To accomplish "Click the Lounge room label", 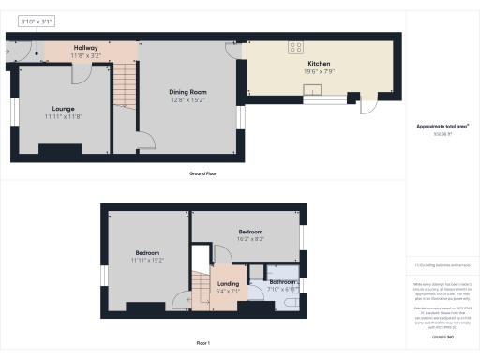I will [x=64, y=107].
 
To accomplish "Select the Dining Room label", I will [x=187, y=91].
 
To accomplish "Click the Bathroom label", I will [x=283, y=282].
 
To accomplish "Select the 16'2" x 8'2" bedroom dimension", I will [x=249, y=239].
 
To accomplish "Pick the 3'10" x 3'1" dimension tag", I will [x=37, y=20].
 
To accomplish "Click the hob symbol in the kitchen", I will [x=297, y=46].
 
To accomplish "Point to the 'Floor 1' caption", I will [x=202, y=345].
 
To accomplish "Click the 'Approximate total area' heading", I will [x=442, y=126].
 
